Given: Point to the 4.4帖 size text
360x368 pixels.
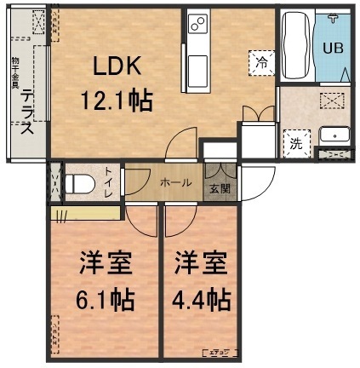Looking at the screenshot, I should [202, 299].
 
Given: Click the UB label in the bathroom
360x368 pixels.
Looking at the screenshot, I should [333, 47].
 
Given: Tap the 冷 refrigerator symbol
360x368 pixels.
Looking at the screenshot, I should [261, 60].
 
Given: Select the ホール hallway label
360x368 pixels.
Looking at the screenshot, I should [174, 182].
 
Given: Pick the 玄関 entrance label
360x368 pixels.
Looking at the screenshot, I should [219, 188].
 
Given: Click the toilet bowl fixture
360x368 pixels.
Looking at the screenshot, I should [80, 182].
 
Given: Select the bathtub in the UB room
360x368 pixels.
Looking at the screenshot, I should [296, 46].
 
